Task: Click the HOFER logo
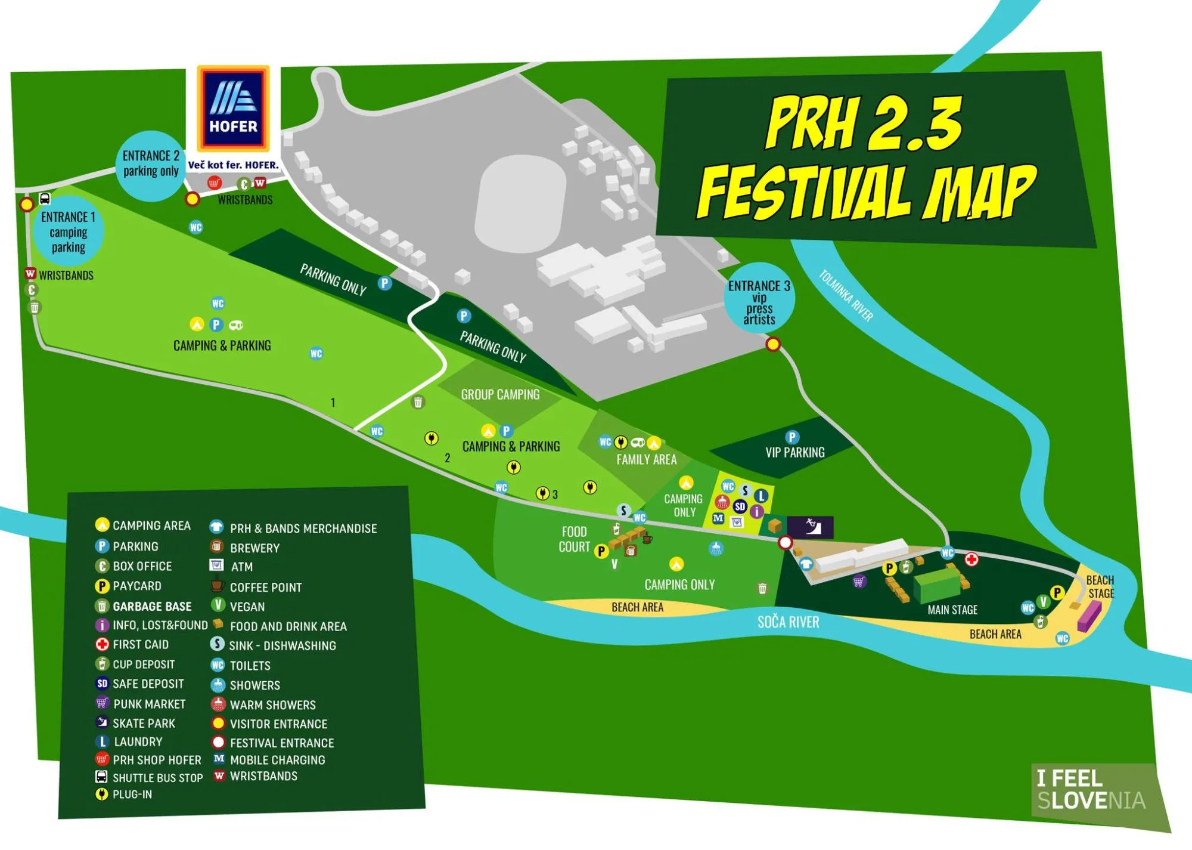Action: (x=233, y=109)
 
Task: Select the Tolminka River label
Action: (x=846, y=296)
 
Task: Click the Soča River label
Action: (x=788, y=622)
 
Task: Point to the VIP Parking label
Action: (x=794, y=452)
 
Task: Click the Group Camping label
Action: (x=500, y=394)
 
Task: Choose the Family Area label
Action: (x=646, y=459)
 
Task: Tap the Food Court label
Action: (x=574, y=539)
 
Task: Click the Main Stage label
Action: (x=952, y=610)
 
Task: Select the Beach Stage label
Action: (x=1100, y=586)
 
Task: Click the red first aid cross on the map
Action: (x=971, y=559)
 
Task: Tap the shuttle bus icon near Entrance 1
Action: (x=45, y=199)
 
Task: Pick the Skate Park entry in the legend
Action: (x=144, y=723)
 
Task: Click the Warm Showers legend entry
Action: (x=272, y=704)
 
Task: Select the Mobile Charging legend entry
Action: (x=277, y=760)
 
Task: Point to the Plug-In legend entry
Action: (x=132, y=795)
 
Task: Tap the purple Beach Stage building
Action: (x=1088, y=616)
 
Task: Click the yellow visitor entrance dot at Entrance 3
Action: (x=773, y=344)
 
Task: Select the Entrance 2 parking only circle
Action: (x=151, y=165)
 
